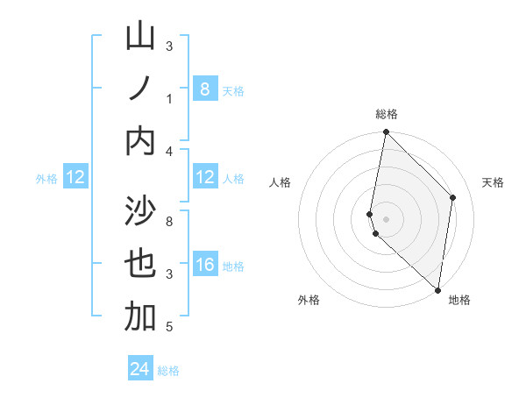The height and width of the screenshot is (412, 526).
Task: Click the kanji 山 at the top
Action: [x=140, y=37]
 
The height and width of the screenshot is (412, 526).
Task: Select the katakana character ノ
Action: [x=140, y=89]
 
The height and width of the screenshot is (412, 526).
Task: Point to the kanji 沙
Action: [x=140, y=211]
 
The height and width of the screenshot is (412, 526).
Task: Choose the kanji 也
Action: [x=140, y=264]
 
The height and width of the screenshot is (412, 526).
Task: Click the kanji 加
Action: [x=140, y=316]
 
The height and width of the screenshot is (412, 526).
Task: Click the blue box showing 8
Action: [x=204, y=89]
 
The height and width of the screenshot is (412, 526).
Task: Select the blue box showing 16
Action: [x=204, y=265]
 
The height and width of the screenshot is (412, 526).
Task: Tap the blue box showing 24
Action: [x=140, y=369]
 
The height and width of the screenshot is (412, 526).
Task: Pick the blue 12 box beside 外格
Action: [x=75, y=177]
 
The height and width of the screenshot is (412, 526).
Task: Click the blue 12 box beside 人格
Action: [x=204, y=177]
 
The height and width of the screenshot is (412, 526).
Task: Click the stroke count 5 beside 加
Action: [x=169, y=327]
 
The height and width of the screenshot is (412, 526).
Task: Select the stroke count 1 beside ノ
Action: [x=169, y=99]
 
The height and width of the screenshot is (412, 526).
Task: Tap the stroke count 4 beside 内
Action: [x=169, y=152]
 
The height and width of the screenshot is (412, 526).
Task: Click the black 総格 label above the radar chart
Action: [x=387, y=114]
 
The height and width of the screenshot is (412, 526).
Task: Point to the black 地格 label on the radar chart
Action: [x=459, y=300]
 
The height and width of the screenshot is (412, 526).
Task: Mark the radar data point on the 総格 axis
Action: [x=386, y=132]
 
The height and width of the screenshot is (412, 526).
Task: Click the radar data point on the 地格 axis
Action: [x=437, y=289]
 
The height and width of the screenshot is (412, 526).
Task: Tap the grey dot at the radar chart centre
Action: [x=386, y=218]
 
